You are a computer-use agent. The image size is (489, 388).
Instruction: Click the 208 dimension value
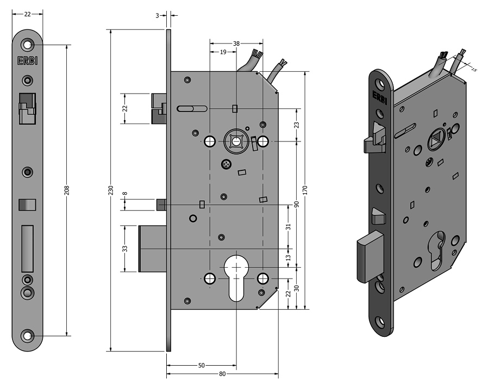[67, 190]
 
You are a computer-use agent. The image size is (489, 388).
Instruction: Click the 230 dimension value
[111, 190]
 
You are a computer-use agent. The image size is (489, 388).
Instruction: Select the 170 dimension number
[306, 190]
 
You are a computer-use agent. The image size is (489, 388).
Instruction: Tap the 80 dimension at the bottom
[223, 373]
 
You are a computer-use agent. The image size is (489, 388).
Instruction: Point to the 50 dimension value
[201, 366]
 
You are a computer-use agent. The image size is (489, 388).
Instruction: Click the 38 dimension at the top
[236, 42]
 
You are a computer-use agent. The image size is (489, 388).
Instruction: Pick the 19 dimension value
[223, 52]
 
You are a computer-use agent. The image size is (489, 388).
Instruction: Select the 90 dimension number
[297, 204]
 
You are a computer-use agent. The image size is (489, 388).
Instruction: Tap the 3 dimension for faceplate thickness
[158, 16]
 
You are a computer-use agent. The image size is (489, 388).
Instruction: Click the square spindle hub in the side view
[236, 141]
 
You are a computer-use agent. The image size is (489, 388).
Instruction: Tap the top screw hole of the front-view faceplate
[27, 45]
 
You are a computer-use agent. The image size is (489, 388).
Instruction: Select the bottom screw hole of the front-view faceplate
[27, 335]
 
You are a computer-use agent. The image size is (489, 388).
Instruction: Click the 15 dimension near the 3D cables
[473, 70]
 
